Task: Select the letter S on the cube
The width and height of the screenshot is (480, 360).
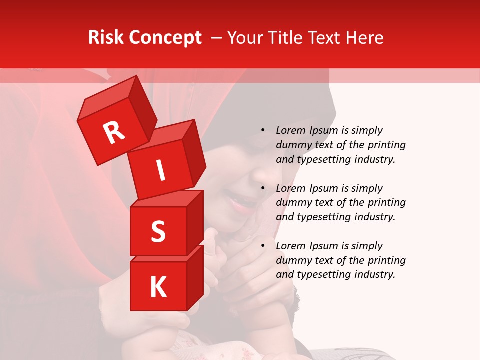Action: point(158,231)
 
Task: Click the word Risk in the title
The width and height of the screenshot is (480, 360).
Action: point(106,37)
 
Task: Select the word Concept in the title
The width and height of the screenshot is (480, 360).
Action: point(165,38)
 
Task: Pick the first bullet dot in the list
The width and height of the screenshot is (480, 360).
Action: point(263,130)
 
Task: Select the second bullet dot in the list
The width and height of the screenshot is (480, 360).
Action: point(263,188)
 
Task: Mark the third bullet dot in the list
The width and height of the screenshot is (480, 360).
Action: point(263,246)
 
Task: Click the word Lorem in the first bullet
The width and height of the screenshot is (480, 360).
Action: point(290,130)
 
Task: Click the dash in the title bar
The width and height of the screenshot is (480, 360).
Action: point(217,37)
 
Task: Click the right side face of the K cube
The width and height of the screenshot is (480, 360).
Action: point(195,277)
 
